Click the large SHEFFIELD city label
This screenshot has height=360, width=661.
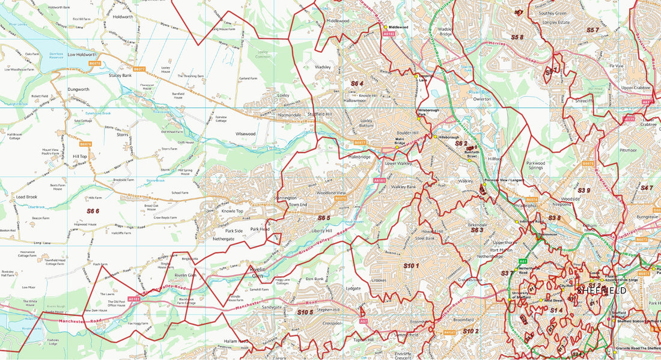[602, 291]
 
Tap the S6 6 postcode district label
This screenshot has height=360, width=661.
[93, 211]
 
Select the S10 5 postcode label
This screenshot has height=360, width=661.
[305, 312]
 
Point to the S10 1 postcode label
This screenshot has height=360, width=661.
[411, 265]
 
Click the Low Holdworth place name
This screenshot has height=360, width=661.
[82, 55]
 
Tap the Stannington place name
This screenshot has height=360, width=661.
[285, 198]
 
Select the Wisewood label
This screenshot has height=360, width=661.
[246, 133]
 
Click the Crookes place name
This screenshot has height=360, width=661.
[379, 281]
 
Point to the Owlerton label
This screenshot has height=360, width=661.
[482, 99]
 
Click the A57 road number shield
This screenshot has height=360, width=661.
[363, 322]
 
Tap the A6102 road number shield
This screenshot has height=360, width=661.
[389, 34]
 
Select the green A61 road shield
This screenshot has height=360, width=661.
[523, 262]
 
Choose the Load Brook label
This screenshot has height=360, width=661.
[26, 197]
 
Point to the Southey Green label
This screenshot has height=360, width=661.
[553, 13]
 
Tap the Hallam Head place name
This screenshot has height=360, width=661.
[235, 341]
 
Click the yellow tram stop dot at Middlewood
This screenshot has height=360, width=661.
[385, 27]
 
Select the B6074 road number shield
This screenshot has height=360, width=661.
[532, 200]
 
